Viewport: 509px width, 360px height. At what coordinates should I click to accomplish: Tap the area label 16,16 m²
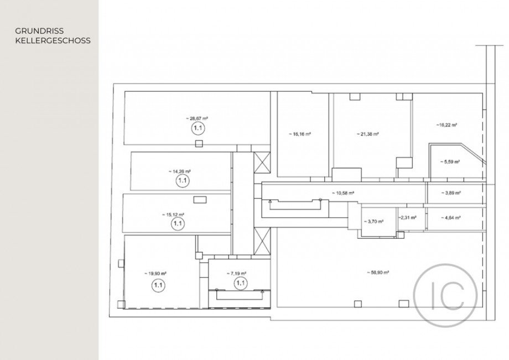click(x=299, y=134)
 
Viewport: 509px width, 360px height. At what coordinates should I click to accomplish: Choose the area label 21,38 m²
click(x=368, y=134)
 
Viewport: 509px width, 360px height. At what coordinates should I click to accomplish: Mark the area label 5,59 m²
click(x=450, y=162)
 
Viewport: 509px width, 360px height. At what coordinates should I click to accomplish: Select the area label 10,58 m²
click(x=343, y=193)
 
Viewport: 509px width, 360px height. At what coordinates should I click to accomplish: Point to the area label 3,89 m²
click(x=450, y=193)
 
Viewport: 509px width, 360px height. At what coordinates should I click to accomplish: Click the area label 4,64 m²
click(x=450, y=217)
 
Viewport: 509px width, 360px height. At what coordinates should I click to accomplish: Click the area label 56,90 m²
click(x=378, y=272)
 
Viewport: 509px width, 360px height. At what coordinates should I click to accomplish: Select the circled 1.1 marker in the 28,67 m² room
click(x=198, y=128)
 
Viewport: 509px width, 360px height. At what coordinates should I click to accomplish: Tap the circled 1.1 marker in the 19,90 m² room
click(x=158, y=285)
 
